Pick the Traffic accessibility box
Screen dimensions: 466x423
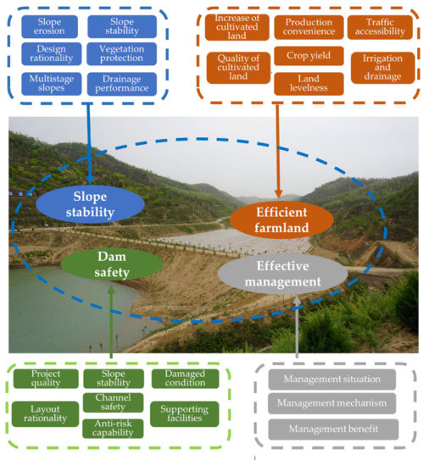click(x=381, y=27)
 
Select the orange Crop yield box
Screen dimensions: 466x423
click(x=303, y=56)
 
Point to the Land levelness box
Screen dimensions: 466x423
click(x=303, y=83)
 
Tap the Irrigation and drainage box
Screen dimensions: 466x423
click(x=381, y=68)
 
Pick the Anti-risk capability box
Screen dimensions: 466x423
click(x=112, y=428)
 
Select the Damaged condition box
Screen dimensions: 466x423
click(x=184, y=379)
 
